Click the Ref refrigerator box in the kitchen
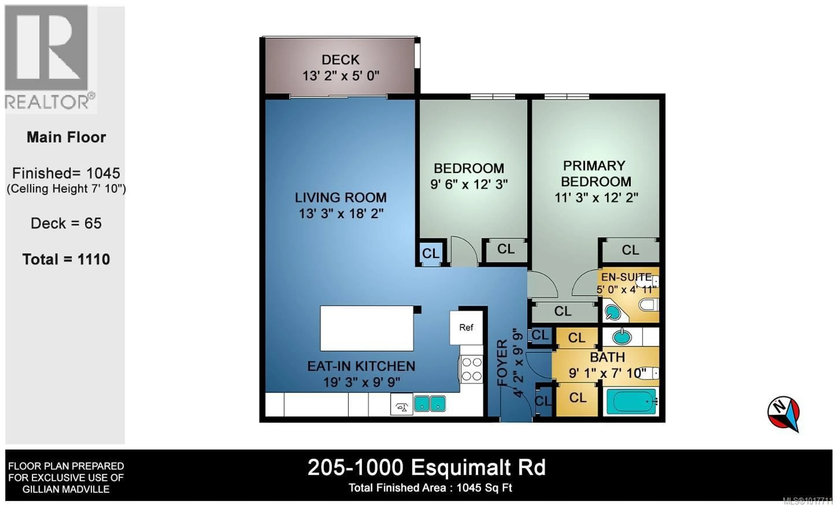tap(466, 328)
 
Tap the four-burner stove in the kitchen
tap(471, 369)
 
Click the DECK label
tap(340, 60)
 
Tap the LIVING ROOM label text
tap(340, 197)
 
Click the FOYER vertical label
tap(502, 362)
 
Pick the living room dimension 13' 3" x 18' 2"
tap(341, 214)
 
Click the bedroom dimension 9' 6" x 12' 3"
tap(469, 185)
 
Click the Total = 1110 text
tap(66, 259)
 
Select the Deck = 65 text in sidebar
tap(66, 223)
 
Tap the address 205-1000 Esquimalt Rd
tap(426, 468)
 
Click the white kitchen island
tap(367, 328)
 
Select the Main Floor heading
tap(66, 137)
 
